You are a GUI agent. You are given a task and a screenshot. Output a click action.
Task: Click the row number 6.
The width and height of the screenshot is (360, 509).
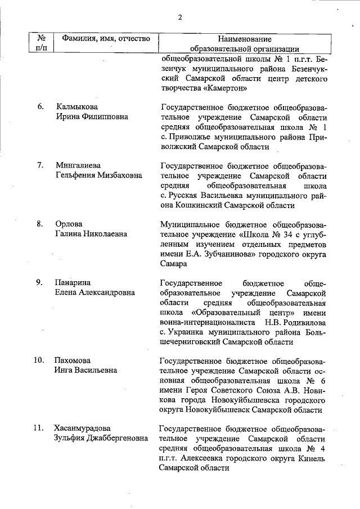click(41, 106)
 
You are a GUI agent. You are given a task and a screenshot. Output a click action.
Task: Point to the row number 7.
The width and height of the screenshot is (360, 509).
click(41, 165)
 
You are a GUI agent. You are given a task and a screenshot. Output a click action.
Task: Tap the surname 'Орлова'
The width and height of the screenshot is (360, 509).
click(69, 224)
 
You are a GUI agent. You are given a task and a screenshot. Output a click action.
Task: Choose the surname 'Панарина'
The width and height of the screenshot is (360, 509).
click(73, 282)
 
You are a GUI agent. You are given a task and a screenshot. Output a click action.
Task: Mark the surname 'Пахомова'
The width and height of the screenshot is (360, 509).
click(73, 360)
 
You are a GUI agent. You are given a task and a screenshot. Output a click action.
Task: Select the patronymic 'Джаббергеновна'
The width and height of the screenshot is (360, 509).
click(116, 438)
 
